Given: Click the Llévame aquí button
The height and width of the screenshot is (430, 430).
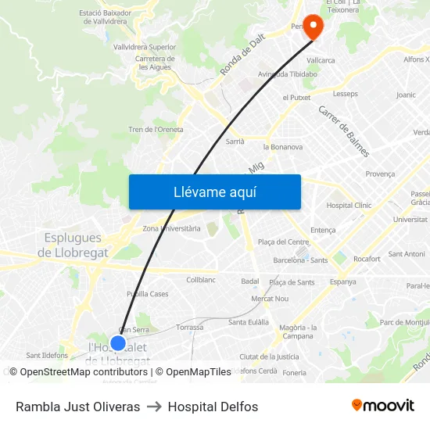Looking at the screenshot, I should click(214, 192).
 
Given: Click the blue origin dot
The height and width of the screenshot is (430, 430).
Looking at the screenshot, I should click(118, 342).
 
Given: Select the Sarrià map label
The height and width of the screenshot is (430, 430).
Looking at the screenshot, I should click(235, 142).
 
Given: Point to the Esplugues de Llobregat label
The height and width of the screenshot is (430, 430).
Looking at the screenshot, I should click(73, 245).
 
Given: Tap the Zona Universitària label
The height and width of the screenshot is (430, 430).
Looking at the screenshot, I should click(173, 228).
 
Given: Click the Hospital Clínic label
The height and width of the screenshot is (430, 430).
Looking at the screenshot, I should click(349, 205).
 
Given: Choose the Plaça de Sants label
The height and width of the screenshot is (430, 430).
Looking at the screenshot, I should click(292, 282).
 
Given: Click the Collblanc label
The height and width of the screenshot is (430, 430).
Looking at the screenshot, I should click(201, 279).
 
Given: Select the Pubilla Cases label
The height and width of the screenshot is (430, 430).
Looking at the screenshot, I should click(147, 294).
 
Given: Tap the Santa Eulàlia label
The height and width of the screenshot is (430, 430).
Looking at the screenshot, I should click(249, 322).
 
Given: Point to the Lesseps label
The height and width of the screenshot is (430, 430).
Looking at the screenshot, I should click(345, 94).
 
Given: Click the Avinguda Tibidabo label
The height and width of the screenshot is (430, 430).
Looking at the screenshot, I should click(287, 74).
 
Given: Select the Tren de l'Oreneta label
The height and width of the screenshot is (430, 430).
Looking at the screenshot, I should click(156, 129).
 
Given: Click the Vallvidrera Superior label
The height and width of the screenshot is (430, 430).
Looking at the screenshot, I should click(145, 47).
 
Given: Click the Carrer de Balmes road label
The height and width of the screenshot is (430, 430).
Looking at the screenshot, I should click(343, 131).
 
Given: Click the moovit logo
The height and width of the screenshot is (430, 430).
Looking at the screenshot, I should click(382, 406).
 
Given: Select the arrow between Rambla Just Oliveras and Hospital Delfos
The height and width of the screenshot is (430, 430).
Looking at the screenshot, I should click(154, 407).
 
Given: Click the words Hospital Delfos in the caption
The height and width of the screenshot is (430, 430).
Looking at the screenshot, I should click(213, 407).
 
